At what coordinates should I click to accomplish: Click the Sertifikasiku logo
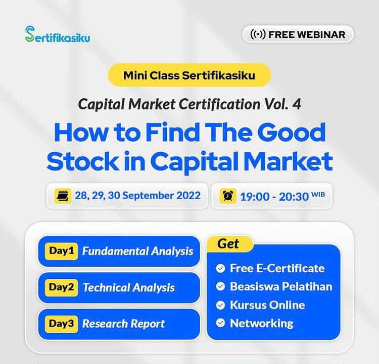click(x=58, y=34)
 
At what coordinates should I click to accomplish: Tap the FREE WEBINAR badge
click(x=298, y=34)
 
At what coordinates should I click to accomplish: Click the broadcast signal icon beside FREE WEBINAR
click(x=258, y=34)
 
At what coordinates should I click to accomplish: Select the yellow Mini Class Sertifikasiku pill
click(x=189, y=75)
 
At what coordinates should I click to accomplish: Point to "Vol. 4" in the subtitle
click(x=282, y=104)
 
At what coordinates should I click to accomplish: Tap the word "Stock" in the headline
click(x=83, y=161)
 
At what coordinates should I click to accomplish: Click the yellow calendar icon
click(x=62, y=196)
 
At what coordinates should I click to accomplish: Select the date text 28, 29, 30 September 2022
click(x=137, y=196)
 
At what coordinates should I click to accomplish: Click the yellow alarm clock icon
click(x=228, y=196)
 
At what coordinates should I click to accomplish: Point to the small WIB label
click(x=318, y=194)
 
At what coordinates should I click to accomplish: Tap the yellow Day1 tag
click(x=61, y=251)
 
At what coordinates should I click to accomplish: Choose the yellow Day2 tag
click(x=61, y=287)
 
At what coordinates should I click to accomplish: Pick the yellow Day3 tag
click(x=61, y=324)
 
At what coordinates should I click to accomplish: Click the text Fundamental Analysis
click(x=138, y=251)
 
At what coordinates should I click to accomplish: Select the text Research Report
click(x=123, y=324)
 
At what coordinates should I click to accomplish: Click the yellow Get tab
click(x=229, y=244)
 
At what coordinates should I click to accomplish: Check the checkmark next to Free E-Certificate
click(x=220, y=268)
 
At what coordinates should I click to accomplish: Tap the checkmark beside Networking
click(x=220, y=323)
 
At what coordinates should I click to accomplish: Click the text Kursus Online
click(x=267, y=305)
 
